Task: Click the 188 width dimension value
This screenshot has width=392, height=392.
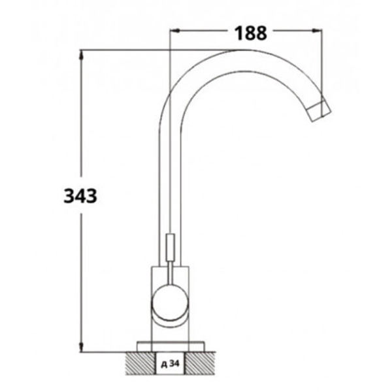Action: [x=251, y=33]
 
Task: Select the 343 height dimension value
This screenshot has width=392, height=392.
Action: [x=80, y=196]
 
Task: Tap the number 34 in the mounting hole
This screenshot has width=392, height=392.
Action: [x=174, y=364]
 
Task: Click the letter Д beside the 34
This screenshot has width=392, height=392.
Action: [x=164, y=365]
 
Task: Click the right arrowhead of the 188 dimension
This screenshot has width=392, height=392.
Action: [x=317, y=31]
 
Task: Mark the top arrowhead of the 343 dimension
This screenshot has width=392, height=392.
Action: [x=81, y=55]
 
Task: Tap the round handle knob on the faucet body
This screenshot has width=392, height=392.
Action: [x=170, y=303]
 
